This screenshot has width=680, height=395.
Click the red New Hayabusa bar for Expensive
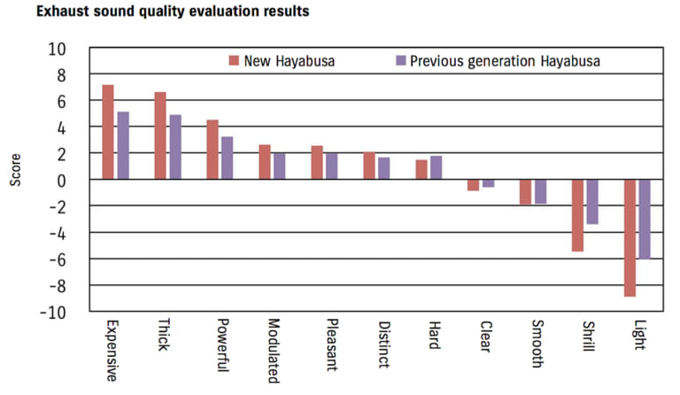108,132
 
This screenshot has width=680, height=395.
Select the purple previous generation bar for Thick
174,147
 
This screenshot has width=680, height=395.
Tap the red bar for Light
630,237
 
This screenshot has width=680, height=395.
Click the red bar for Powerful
212,150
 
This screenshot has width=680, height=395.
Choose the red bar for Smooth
525,191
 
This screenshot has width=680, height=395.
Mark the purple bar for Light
644,219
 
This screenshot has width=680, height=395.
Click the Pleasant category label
329,345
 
